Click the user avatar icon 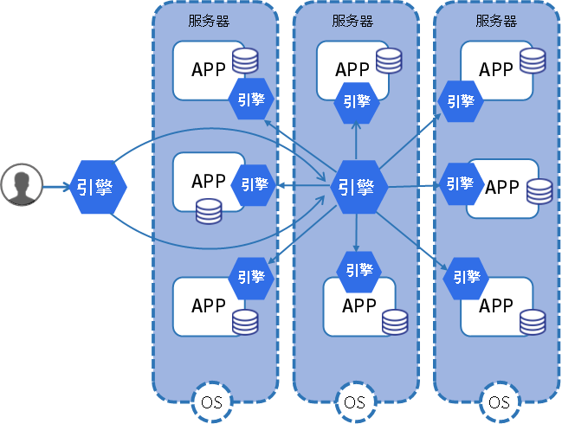(x=22, y=186)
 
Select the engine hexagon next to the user (x=98, y=187)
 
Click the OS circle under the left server (x=211, y=402)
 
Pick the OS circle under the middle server (x=354, y=402)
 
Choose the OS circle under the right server (x=499, y=402)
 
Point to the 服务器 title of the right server (x=496, y=22)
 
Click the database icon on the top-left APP (x=245, y=61)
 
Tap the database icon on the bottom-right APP (x=533, y=322)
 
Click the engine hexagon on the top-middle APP (x=357, y=101)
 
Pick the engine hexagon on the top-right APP (x=461, y=100)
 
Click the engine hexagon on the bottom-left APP (x=251, y=277)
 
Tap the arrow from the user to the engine (x=55, y=187)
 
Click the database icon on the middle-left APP (x=208, y=210)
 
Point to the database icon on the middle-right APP (x=539, y=191)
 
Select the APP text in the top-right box (x=496, y=69)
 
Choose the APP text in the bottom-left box (x=209, y=305)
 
